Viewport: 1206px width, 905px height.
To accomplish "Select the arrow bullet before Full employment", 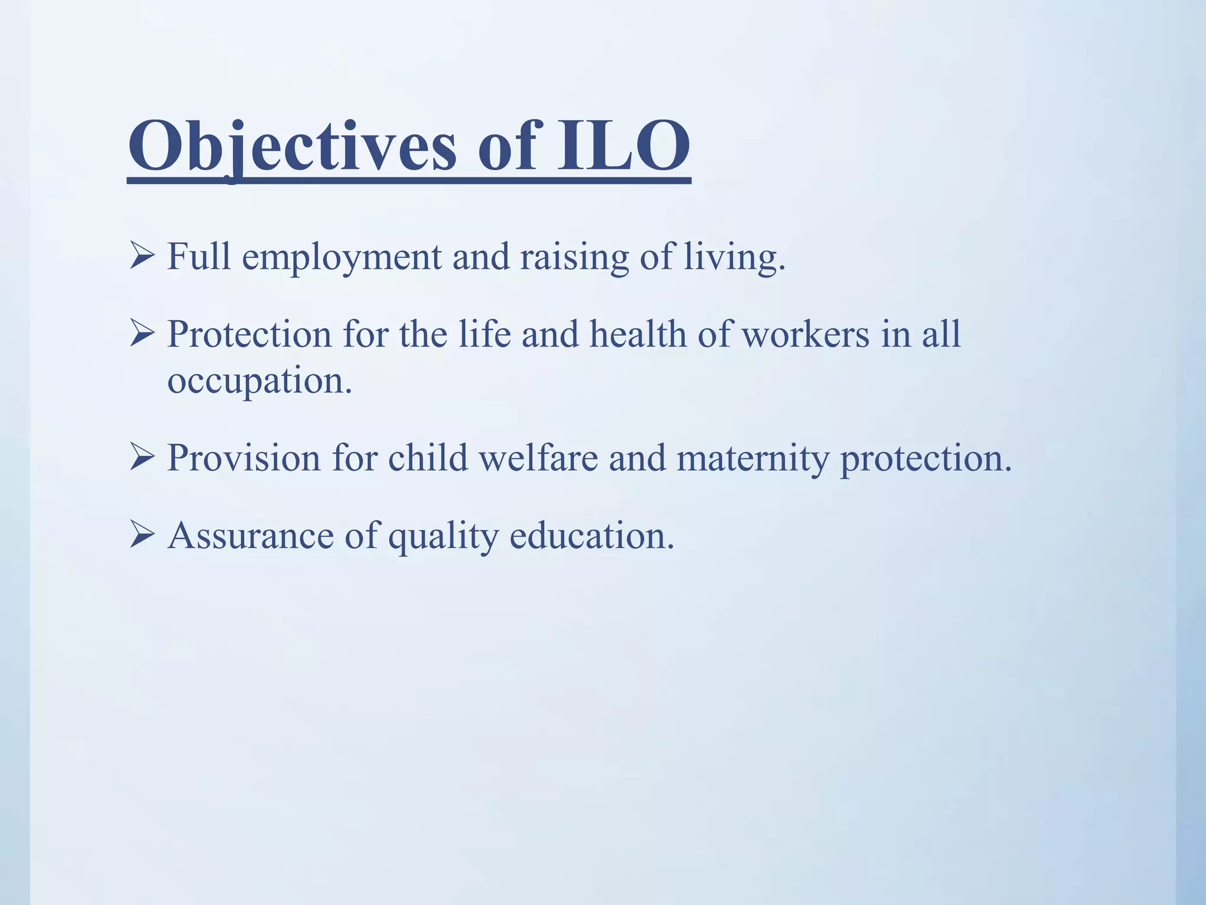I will (x=142, y=257).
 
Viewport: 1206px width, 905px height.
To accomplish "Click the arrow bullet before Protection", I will (x=142, y=335).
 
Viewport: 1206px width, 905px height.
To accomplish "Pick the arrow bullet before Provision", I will (x=142, y=458).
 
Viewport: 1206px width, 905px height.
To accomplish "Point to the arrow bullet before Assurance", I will (x=142, y=536).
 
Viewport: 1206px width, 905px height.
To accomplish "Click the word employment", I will (x=342, y=258).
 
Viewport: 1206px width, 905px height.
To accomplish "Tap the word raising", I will (x=574, y=258).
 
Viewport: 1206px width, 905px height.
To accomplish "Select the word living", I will (x=734, y=258).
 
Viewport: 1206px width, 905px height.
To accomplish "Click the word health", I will (x=638, y=335).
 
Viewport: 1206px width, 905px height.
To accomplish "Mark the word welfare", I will (x=538, y=458).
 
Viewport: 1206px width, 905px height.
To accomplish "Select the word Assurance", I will (x=251, y=536).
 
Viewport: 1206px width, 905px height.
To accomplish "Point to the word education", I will (x=591, y=536).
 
